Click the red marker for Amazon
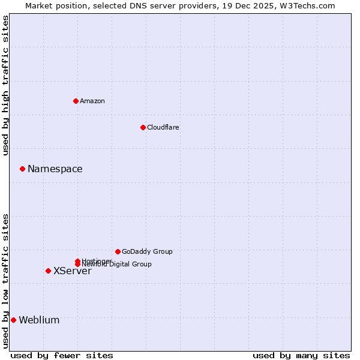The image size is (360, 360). tap(76, 101)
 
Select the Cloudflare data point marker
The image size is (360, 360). tap(143, 127)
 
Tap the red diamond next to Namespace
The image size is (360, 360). tap(22, 169)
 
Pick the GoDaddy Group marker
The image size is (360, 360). tap(118, 251)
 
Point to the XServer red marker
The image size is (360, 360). tap(48, 271)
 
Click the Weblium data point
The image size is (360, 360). tap(13, 320)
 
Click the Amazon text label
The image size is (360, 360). tap(92, 101)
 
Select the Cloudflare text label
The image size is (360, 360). tap(163, 127)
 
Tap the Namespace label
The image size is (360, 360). tap(55, 169)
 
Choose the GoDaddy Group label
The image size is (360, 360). tap(147, 251)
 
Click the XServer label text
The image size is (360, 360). tap(73, 271)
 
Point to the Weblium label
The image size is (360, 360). tap(39, 320)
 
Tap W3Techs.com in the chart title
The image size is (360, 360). tap(306, 5)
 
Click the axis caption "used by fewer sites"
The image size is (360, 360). tap(62, 355)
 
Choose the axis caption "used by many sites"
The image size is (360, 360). tap(301, 355)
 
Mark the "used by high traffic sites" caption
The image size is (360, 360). tap(6, 85)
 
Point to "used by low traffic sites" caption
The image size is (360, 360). tap(6, 281)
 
